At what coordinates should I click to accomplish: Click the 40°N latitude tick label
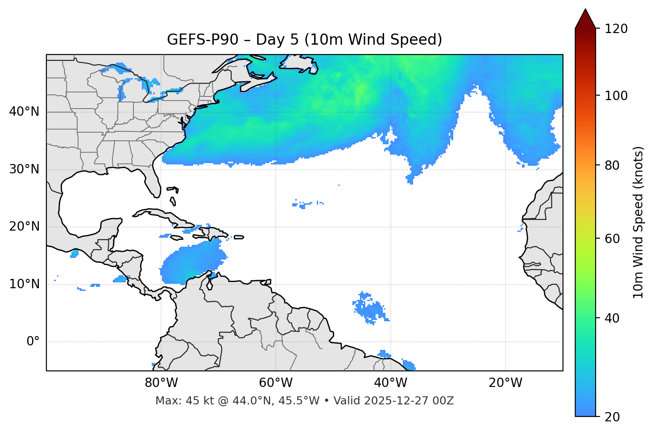24,112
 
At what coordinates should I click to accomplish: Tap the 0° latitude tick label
33,342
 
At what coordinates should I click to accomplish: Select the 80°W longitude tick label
161,383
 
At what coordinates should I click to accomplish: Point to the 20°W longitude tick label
505,383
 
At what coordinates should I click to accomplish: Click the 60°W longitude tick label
276,383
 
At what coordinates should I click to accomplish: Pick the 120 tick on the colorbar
616,29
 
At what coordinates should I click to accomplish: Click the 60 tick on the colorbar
613,239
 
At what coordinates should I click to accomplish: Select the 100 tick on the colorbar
616,96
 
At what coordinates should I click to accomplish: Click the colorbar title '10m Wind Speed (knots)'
638,222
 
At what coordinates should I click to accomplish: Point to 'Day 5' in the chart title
277,40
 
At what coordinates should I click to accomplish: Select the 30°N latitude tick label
24,169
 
